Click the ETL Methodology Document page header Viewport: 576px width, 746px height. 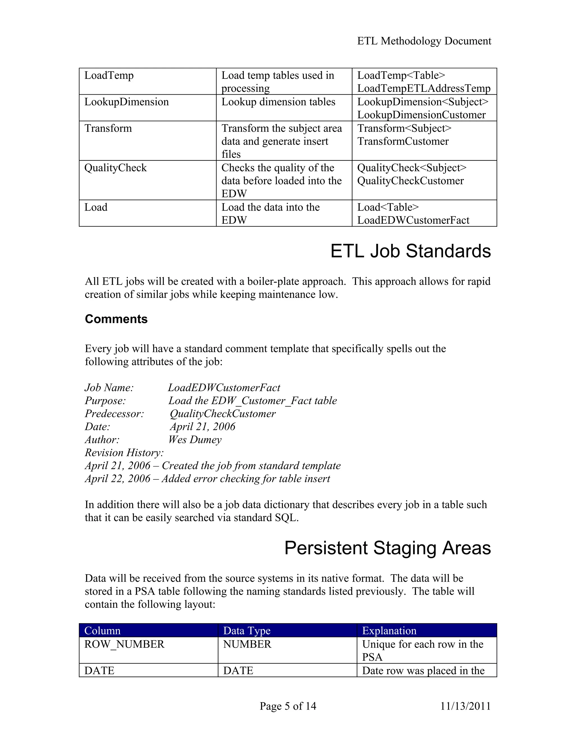click(424, 41)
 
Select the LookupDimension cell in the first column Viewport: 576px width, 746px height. click(127, 102)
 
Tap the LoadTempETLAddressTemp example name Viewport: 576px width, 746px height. click(424, 88)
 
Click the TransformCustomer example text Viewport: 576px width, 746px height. click(403, 141)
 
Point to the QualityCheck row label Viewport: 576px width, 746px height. click(115, 168)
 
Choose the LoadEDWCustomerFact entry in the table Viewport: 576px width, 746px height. click(413, 220)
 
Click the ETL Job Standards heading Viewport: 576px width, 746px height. click(411, 251)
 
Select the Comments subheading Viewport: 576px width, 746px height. click(116, 319)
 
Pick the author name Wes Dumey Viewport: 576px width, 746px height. click(195, 440)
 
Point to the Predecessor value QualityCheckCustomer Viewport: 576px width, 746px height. click(222, 414)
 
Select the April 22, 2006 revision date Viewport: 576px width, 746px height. click(117, 479)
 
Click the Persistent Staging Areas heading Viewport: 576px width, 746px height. click(387, 548)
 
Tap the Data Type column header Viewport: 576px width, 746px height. click(247, 631)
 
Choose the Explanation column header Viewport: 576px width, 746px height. click(389, 631)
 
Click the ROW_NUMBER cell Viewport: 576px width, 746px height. click(124, 644)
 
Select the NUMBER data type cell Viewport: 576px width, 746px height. click(247, 644)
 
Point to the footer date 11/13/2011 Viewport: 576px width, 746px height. click(465, 706)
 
